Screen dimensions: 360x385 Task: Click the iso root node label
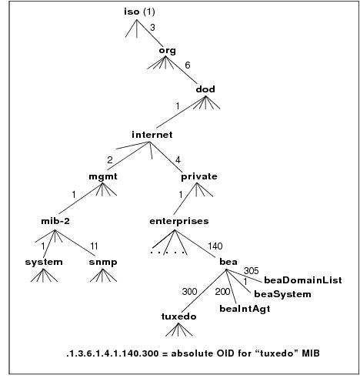click(132, 12)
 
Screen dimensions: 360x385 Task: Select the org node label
click(168, 51)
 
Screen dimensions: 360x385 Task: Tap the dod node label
click(205, 89)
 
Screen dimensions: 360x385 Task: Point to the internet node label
click(152, 135)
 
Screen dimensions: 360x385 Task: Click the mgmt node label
click(103, 176)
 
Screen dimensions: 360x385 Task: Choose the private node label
click(199, 176)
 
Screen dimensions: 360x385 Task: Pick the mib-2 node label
click(55, 221)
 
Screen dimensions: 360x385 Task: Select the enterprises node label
click(179, 221)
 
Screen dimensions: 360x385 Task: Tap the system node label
click(44, 262)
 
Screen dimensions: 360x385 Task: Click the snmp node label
click(103, 263)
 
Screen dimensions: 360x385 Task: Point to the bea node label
click(228, 262)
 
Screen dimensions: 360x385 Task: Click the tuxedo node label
click(178, 316)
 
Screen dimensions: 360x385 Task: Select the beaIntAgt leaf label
click(245, 309)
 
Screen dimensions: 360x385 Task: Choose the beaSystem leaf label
click(282, 294)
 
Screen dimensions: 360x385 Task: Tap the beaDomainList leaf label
click(303, 280)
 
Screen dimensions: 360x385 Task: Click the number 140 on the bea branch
click(215, 246)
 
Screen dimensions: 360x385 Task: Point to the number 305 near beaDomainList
click(252, 271)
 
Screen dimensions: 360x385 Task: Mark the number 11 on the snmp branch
click(94, 246)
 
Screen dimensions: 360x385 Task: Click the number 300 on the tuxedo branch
click(190, 292)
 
